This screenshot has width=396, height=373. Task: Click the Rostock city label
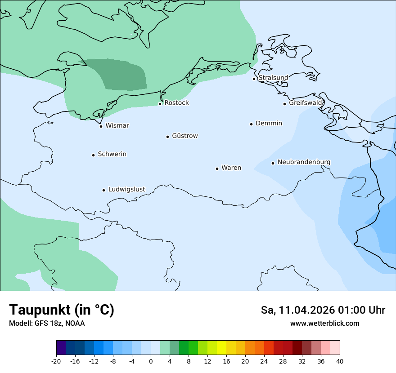pyautogui.click(x=176, y=103)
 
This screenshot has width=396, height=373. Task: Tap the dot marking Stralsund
pyautogui.click(x=254, y=79)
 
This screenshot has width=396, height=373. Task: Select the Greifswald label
pyautogui.click(x=306, y=103)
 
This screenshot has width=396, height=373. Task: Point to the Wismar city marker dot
pyautogui.click(x=101, y=126)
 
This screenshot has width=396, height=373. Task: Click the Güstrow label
pyautogui.click(x=184, y=136)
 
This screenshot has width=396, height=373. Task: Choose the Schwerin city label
pyautogui.click(x=112, y=154)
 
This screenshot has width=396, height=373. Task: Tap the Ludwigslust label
pyautogui.click(x=126, y=190)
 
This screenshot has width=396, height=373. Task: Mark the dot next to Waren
pyautogui.click(x=217, y=169)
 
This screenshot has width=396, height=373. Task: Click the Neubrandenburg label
pyautogui.click(x=304, y=162)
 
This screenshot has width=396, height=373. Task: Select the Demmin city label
pyautogui.click(x=269, y=123)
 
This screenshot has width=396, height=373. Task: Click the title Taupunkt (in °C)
pyautogui.click(x=62, y=310)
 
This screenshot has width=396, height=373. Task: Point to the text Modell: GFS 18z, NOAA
pyautogui.click(x=47, y=324)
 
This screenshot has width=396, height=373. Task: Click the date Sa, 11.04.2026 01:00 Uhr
pyautogui.click(x=323, y=310)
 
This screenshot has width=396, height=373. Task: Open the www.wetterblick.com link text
pyautogui.click(x=324, y=324)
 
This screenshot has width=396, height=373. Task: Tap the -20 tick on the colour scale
pyautogui.click(x=56, y=361)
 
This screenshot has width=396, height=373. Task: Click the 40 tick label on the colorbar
pyautogui.click(x=340, y=361)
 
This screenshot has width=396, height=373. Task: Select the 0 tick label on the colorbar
pyautogui.click(x=151, y=361)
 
